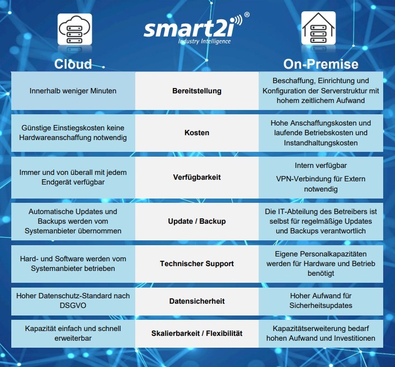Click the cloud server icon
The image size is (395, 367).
click(x=75, y=29)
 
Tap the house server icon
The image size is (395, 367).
click(x=318, y=28)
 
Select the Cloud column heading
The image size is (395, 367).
click(x=73, y=64)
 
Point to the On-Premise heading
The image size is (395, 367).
click(x=321, y=64)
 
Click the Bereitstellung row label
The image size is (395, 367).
click(x=197, y=91)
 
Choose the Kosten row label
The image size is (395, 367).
click(x=197, y=133)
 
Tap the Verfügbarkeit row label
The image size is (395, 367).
click(x=197, y=177)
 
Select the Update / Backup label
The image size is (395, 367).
click(x=197, y=221)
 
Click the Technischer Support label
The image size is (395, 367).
click(x=197, y=263)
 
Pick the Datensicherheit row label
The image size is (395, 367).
click(x=197, y=301)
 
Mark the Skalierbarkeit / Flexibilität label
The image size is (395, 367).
click(x=197, y=333)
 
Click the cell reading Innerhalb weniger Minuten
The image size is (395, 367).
click(x=73, y=91)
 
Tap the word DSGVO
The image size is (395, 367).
click(x=73, y=305)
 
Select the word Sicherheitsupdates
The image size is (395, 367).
click(x=321, y=305)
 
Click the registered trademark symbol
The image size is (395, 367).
click(x=247, y=14)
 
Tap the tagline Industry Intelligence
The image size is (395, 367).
click(x=204, y=41)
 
